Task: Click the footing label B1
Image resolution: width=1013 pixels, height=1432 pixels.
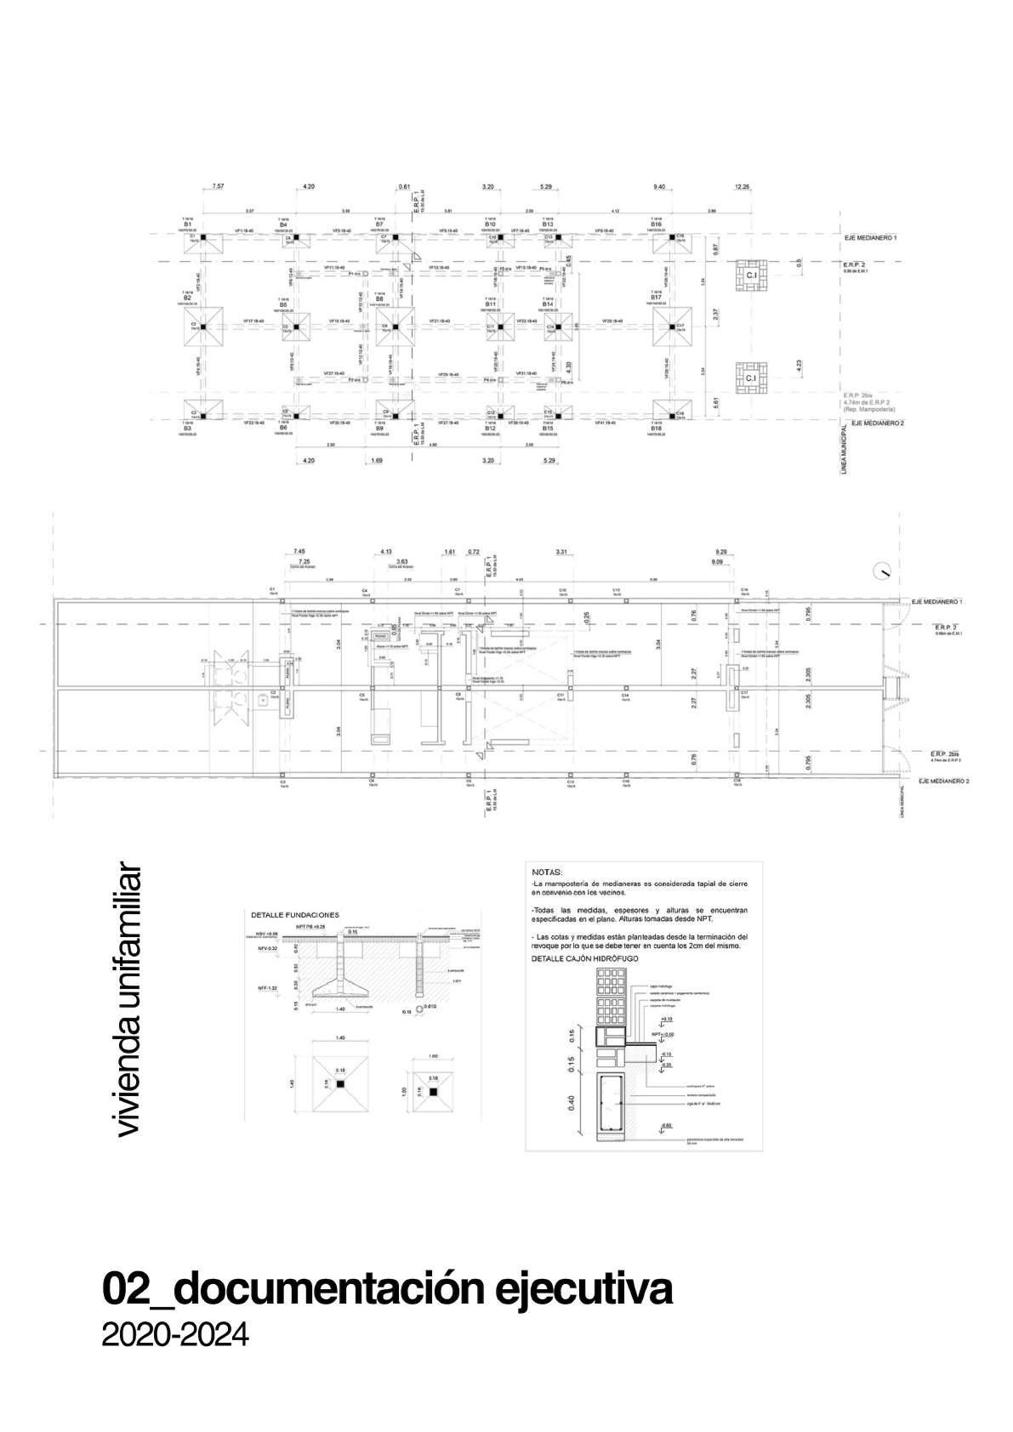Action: [187, 224]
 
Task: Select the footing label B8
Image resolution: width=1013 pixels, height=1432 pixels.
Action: [379, 298]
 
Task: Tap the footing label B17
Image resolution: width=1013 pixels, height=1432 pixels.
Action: [656, 297]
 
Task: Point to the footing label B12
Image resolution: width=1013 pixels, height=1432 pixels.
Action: [490, 428]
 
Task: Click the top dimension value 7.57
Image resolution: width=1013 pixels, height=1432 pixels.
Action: [219, 186]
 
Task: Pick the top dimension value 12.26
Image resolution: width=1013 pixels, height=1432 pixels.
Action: [743, 186]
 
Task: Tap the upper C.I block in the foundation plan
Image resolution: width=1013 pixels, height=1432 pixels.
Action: [751, 276]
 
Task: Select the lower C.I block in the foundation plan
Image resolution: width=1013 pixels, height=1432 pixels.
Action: [751, 378]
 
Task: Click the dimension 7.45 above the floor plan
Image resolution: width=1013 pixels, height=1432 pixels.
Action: [299, 551]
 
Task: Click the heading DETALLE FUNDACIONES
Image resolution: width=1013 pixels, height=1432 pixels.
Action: [294, 915]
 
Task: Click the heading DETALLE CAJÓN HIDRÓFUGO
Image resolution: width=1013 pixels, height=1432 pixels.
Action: [584, 958]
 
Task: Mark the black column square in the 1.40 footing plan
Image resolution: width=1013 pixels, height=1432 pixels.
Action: [340, 1086]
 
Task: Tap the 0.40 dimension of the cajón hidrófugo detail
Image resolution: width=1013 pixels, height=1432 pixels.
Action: [571, 1103]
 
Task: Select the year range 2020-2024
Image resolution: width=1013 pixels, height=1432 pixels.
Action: [175, 1333]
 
